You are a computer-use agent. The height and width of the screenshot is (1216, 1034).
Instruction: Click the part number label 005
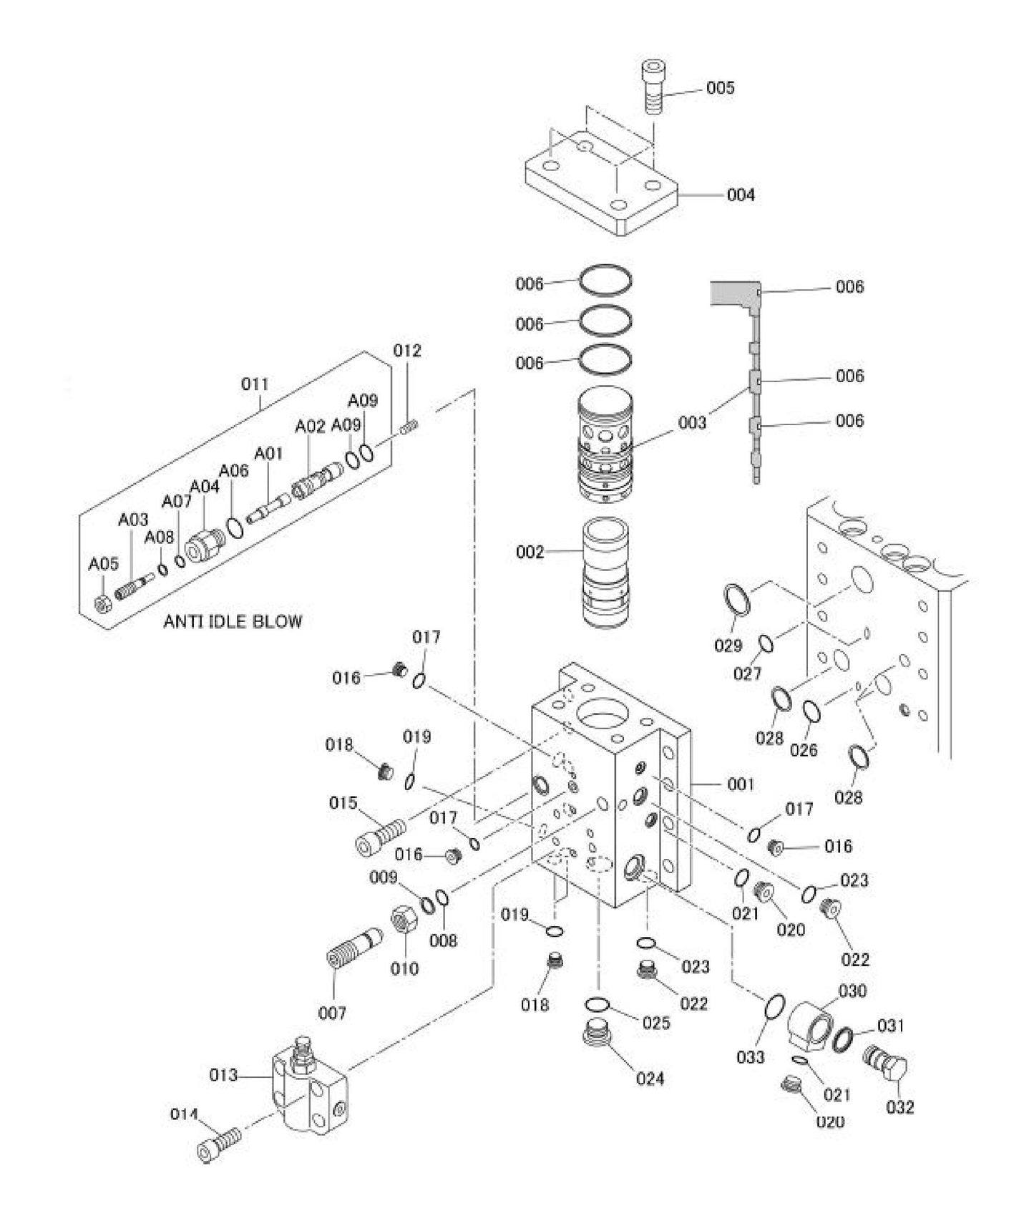720,88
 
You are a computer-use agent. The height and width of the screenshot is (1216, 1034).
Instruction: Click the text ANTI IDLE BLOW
233,621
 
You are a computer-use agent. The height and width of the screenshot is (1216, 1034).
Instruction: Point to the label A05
103,564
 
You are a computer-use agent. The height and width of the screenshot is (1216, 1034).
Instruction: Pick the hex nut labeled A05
102,604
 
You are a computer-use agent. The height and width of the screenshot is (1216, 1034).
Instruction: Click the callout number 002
530,552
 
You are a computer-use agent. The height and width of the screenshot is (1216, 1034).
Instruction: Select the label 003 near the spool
692,422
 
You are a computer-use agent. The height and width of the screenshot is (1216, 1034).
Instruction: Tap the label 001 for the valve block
741,784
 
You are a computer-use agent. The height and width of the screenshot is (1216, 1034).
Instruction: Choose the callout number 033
751,1056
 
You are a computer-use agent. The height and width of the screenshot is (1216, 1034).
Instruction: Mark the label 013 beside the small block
223,1075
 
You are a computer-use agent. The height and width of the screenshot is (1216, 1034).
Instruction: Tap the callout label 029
728,646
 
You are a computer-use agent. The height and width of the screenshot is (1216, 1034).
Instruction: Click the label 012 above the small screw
406,351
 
